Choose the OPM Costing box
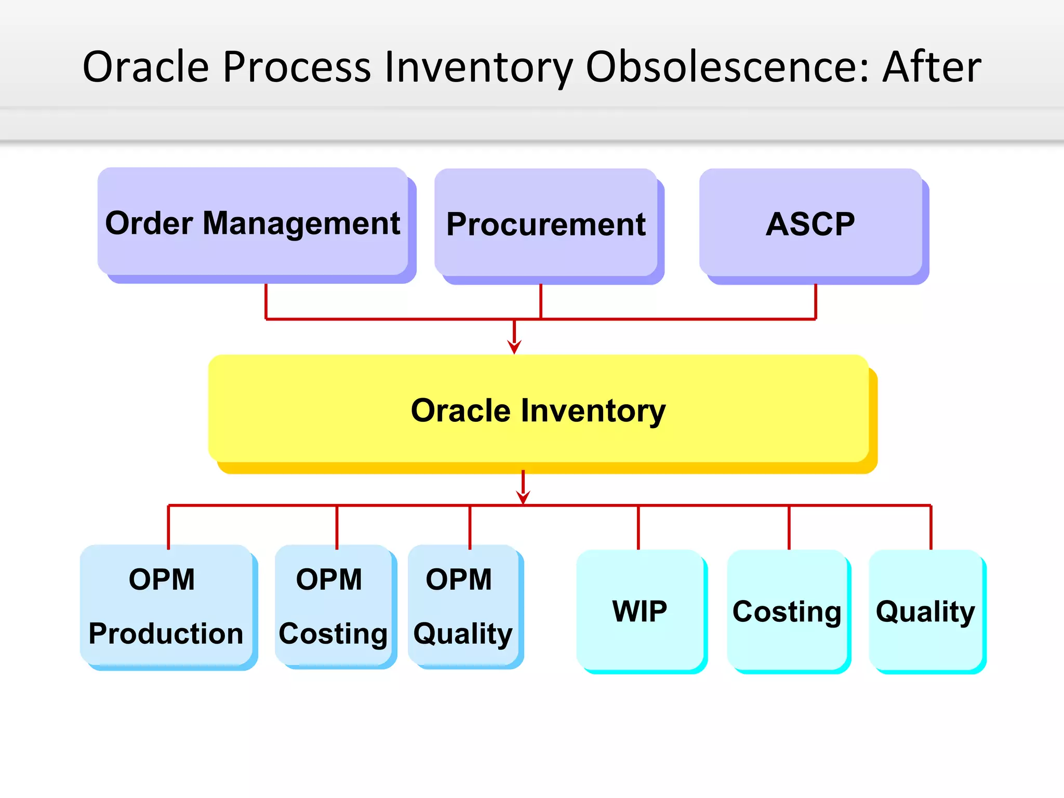tap(332, 605)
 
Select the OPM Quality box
tap(463, 605)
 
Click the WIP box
tap(640, 610)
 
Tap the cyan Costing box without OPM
tap(787, 610)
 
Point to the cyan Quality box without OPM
tap(925, 610)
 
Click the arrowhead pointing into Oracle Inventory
tap(514, 347)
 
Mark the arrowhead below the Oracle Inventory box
tap(523, 497)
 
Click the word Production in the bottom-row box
tap(166, 633)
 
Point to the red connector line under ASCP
tap(816, 301)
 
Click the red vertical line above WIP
tap(639, 527)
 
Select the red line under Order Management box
tap(266, 301)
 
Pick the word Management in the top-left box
tap(301, 223)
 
